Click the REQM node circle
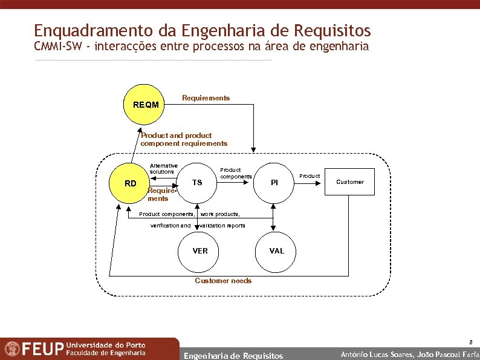click(x=146, y=105)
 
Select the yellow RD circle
click(x=131, y=183)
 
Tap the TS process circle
click(x=197, y=183)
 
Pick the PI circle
click(x=274, y=183)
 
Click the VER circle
click(x=199, y=250)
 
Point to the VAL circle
click(x=276, y=250)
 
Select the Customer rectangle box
click(x=350, y=182)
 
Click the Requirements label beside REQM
click(x=206, y=98)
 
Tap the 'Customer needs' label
click(x=223, y=281)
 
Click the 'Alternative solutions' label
click(x=164, y=168)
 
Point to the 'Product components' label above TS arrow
click(x=236, y=173)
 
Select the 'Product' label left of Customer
click(x=310, y=176)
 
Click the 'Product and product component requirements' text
click(x=183, y=140)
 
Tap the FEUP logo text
click(x=43, y=349)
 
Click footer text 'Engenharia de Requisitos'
click(x=233, y=356)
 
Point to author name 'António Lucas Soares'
click(x=377, y=355)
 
